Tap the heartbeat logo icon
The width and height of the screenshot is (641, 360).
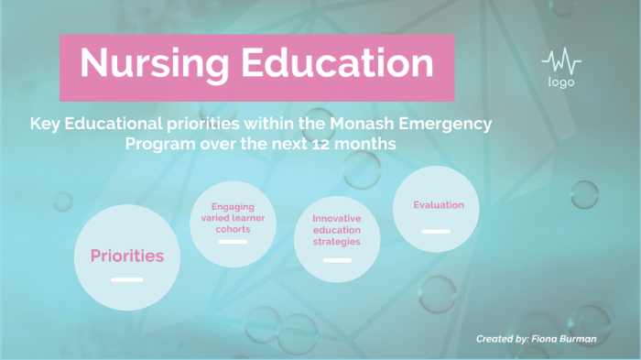coord(561,62)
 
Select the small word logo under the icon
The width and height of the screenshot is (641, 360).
coord(561,82)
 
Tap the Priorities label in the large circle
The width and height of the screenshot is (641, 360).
coord(126,256)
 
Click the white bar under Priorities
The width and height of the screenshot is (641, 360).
coord(126,278)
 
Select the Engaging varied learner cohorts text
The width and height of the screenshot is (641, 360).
coord(233,218)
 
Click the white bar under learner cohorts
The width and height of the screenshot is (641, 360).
coord(233,243)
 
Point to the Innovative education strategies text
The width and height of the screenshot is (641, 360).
coord(336,230)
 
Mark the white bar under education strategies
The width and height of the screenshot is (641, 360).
coord(337,260)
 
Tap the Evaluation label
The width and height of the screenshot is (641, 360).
coord(438,205)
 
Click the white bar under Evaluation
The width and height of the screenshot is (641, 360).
coord(436,232)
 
